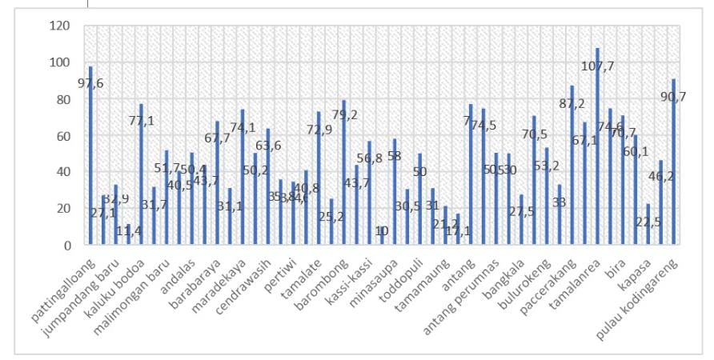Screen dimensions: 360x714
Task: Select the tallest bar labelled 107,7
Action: click(597, 147)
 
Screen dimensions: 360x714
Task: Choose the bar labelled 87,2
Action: click(572, 166)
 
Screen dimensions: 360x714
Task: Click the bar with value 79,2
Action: click(343, 173)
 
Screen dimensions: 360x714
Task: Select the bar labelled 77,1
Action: click(141, 174)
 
